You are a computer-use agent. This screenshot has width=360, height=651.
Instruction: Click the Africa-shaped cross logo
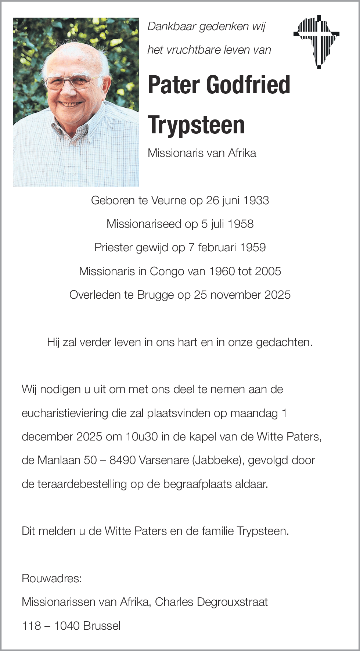(317, 41)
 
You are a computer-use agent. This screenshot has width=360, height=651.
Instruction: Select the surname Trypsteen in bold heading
(196, 125)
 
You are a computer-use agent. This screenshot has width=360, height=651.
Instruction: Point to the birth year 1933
(256, 201)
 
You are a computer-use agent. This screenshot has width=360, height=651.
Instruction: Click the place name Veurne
(169, 201)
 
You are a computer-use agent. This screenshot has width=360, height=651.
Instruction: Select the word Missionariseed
(144, 224)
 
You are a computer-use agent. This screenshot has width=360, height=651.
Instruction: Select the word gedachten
(284, 342)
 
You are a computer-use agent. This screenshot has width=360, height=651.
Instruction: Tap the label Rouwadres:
(52, 579)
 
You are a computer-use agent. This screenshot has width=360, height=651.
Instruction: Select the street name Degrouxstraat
(232, 602)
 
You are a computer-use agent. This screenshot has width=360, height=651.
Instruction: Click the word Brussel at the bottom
(102, 626)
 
